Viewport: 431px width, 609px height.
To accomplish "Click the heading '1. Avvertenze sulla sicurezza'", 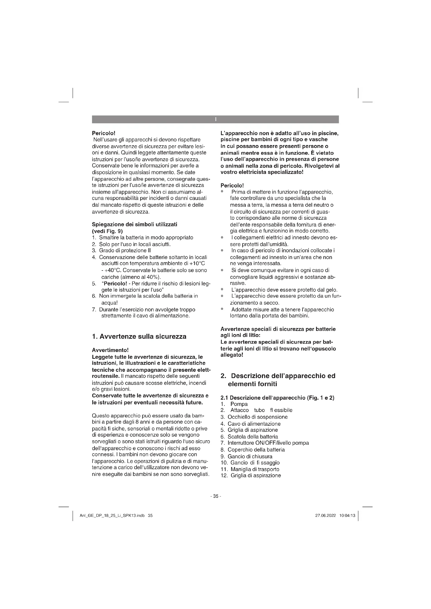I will (139, 337).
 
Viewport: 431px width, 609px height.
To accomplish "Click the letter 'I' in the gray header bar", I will (215, 119).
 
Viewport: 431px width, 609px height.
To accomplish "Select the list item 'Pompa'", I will (239, 404).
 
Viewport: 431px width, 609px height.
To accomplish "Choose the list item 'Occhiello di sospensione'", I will (257, 417).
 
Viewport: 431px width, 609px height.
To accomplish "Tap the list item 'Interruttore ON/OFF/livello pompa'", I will (268, 443).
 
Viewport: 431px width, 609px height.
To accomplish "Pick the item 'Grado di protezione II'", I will (125, 250).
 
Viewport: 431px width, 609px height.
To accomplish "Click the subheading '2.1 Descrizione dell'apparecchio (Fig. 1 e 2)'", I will (277, 398).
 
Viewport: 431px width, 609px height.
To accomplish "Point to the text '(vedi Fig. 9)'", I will (107, 231).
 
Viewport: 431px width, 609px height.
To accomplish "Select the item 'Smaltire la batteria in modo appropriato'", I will (146, 237).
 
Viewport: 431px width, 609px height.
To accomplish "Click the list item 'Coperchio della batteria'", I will (256, 450).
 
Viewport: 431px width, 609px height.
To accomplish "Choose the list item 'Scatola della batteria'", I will (253, 437).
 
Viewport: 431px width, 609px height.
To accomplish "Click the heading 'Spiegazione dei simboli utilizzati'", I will (134, 224).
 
